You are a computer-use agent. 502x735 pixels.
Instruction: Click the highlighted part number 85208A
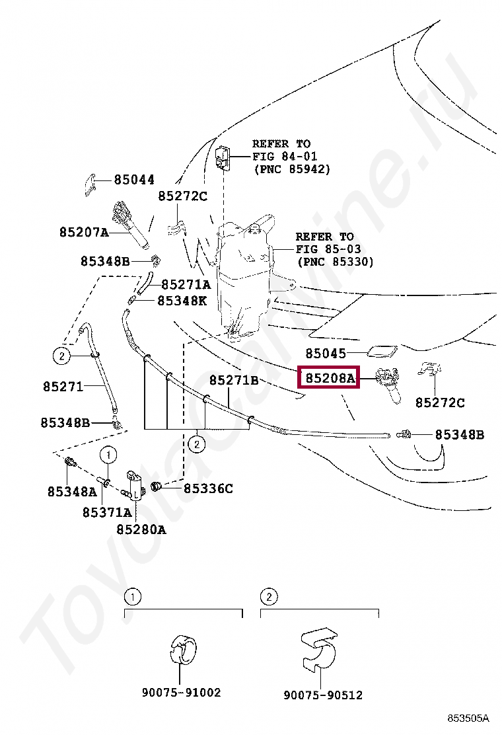(x=329, y=379)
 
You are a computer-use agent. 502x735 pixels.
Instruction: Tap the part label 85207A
(x=83, y=232)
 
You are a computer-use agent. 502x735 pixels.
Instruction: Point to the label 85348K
(x=182, y=301)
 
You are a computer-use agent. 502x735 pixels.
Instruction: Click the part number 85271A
(x=186, y=285)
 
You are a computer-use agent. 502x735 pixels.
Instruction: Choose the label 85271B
(x=234, y=380)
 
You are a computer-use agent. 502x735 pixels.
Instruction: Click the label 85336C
(x=208, y=488)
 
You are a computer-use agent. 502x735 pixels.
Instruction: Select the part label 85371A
(x=106, y=512)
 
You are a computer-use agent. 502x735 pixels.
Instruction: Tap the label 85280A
(x=141, y=529)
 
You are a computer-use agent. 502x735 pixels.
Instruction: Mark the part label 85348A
(x=71, y=491)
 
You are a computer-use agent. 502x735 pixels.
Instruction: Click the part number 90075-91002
(x=181, y=693)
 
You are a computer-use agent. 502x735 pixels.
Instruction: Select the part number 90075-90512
(x=323, y=695)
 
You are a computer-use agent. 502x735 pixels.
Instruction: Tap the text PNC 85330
(x=335, y=262)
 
